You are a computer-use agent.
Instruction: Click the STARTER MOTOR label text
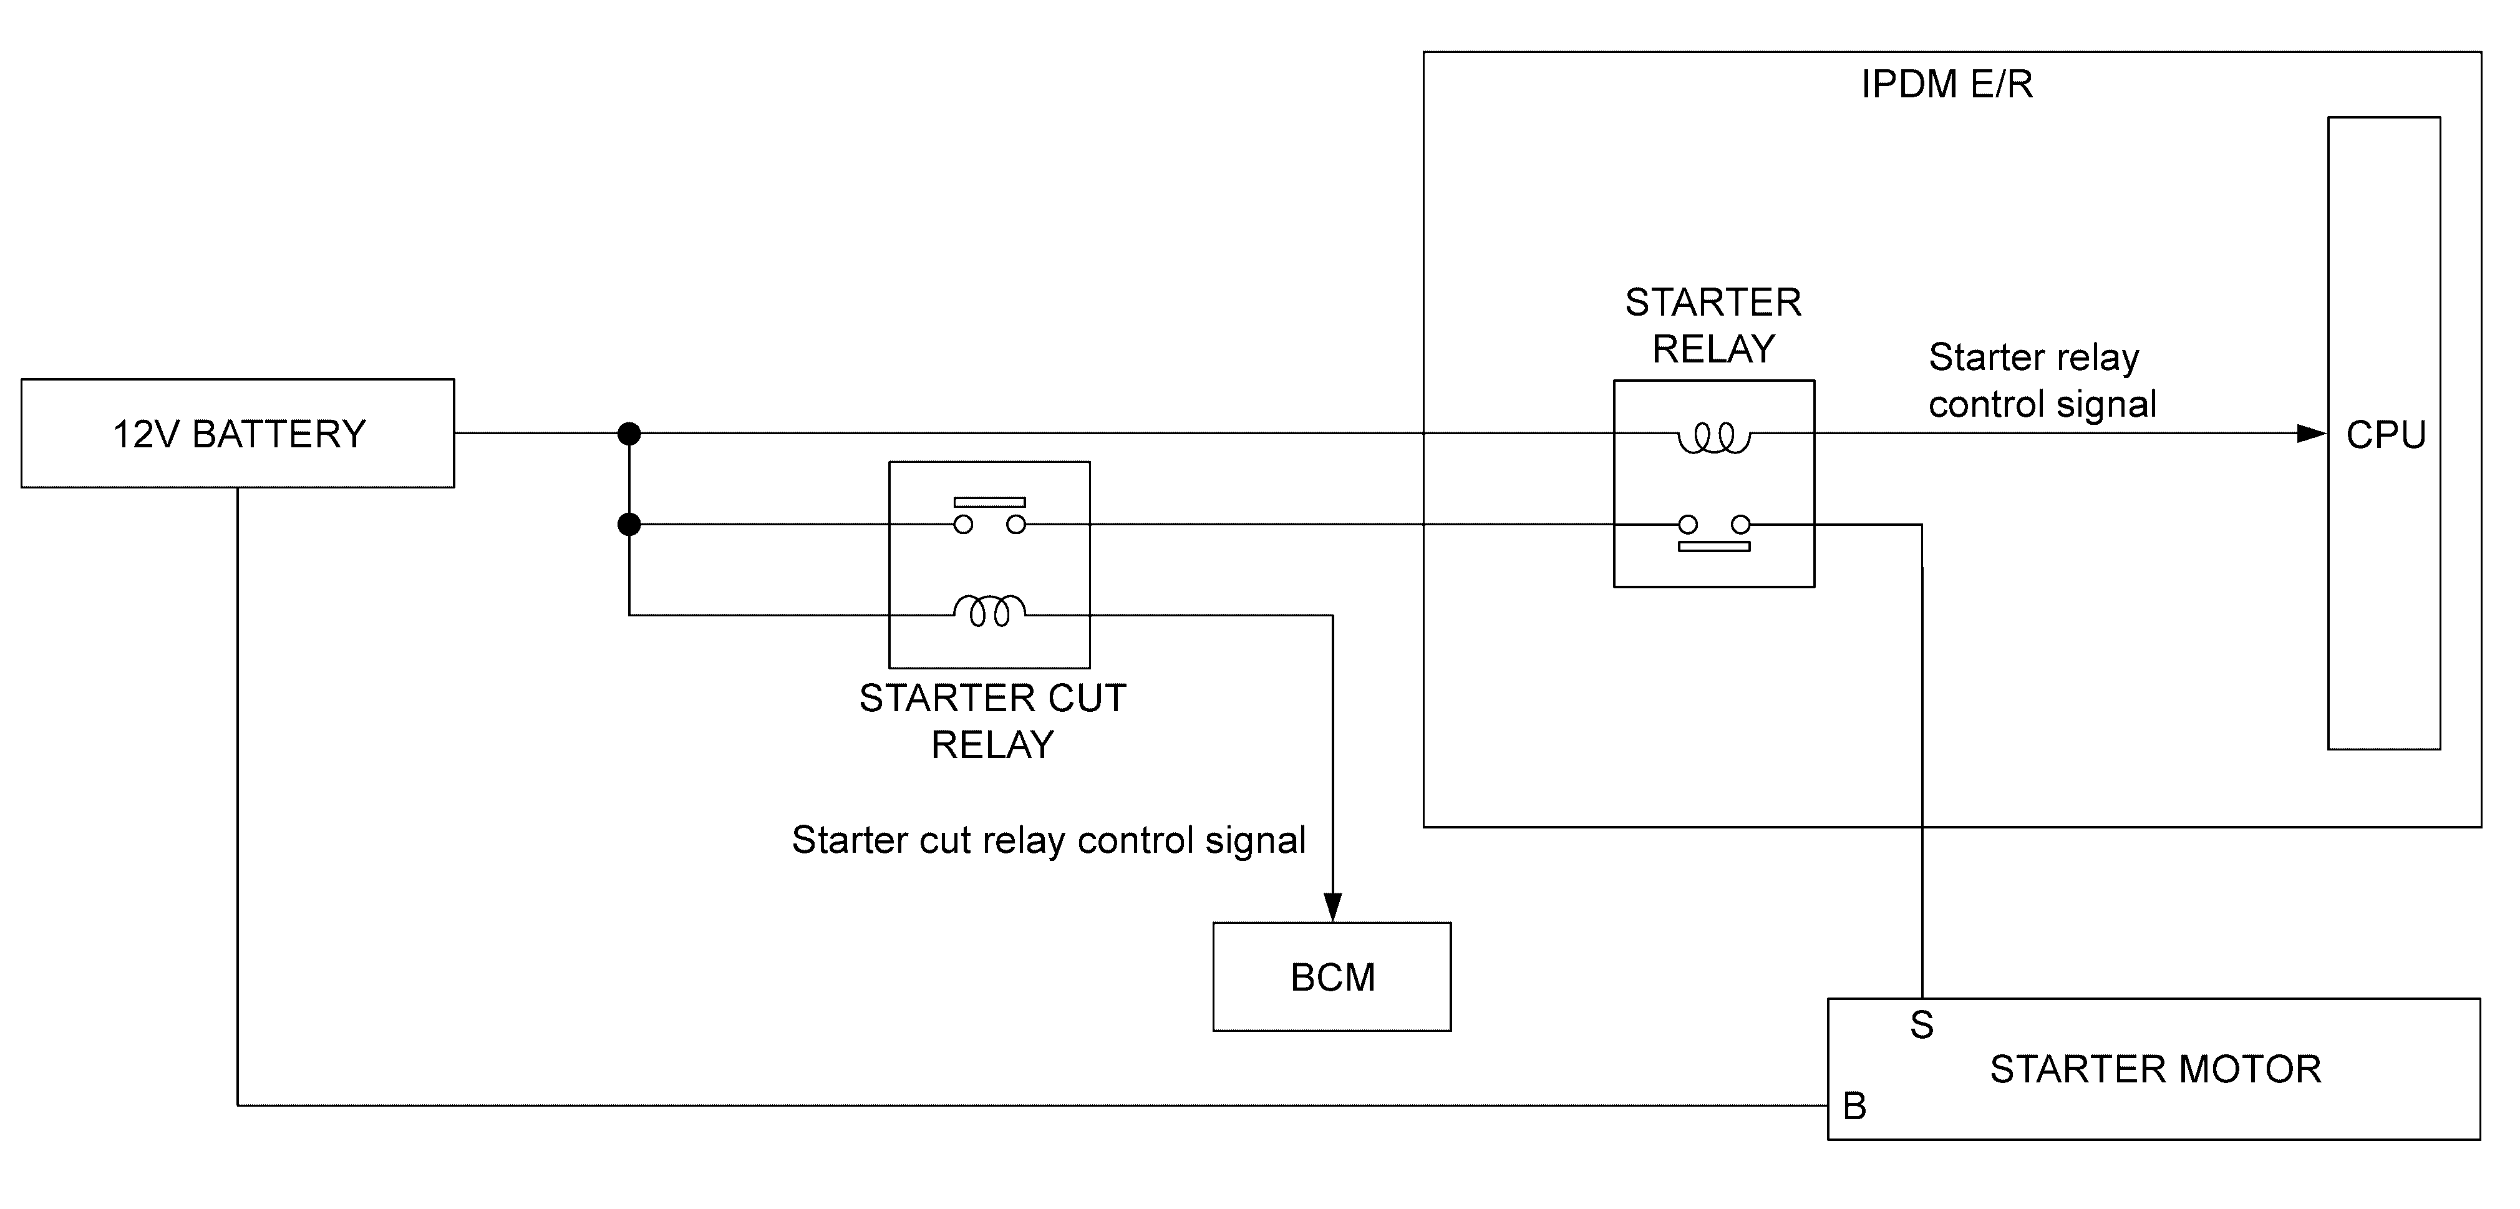(2155, 1069)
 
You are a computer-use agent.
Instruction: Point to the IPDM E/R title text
(1947, 85)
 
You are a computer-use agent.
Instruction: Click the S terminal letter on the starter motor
(1921, 1025)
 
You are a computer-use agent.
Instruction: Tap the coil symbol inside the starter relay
(1714, 437)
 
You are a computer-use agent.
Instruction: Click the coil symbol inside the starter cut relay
(989, 608)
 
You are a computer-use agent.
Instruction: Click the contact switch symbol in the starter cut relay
(989, 515)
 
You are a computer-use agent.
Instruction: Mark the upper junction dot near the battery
(629, 434)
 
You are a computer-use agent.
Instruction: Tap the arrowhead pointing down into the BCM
(1332, 907)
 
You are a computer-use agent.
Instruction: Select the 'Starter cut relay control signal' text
(1049, 840)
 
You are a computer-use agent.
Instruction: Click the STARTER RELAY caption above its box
(1713, 326)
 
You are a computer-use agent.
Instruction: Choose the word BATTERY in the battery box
(279, 434)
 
